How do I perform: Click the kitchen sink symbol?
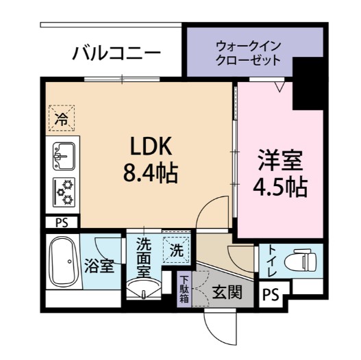[x=63, y=157]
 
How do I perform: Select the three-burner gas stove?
[x=63, y=191]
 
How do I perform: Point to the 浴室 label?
[x=99, y=266]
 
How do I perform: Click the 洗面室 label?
[x=143, y=257]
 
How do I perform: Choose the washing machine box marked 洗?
[x=176, y=250]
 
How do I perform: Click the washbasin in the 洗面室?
[x=144, y=291]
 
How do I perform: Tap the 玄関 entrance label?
[x=226, y=293]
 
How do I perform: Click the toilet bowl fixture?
[x=300, y=261]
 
